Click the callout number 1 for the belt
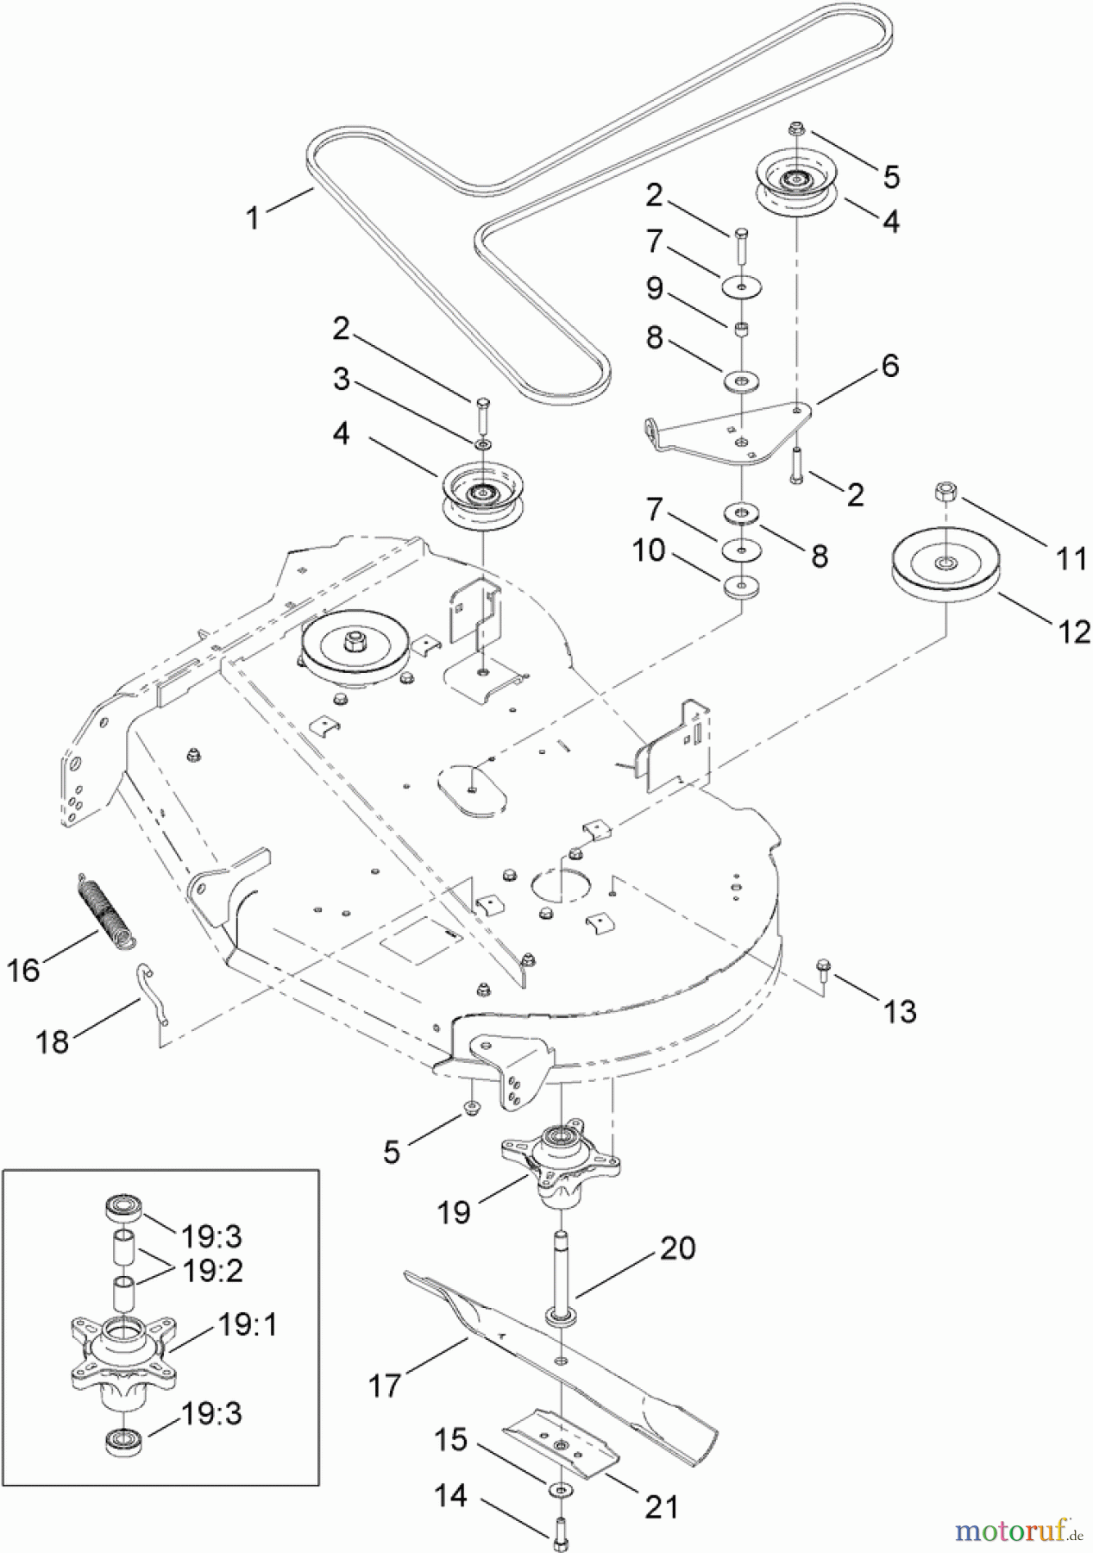252,217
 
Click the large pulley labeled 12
946,570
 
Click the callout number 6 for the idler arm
889,366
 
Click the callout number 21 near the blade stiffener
662,1506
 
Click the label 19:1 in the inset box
246,1324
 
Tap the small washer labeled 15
562,1490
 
